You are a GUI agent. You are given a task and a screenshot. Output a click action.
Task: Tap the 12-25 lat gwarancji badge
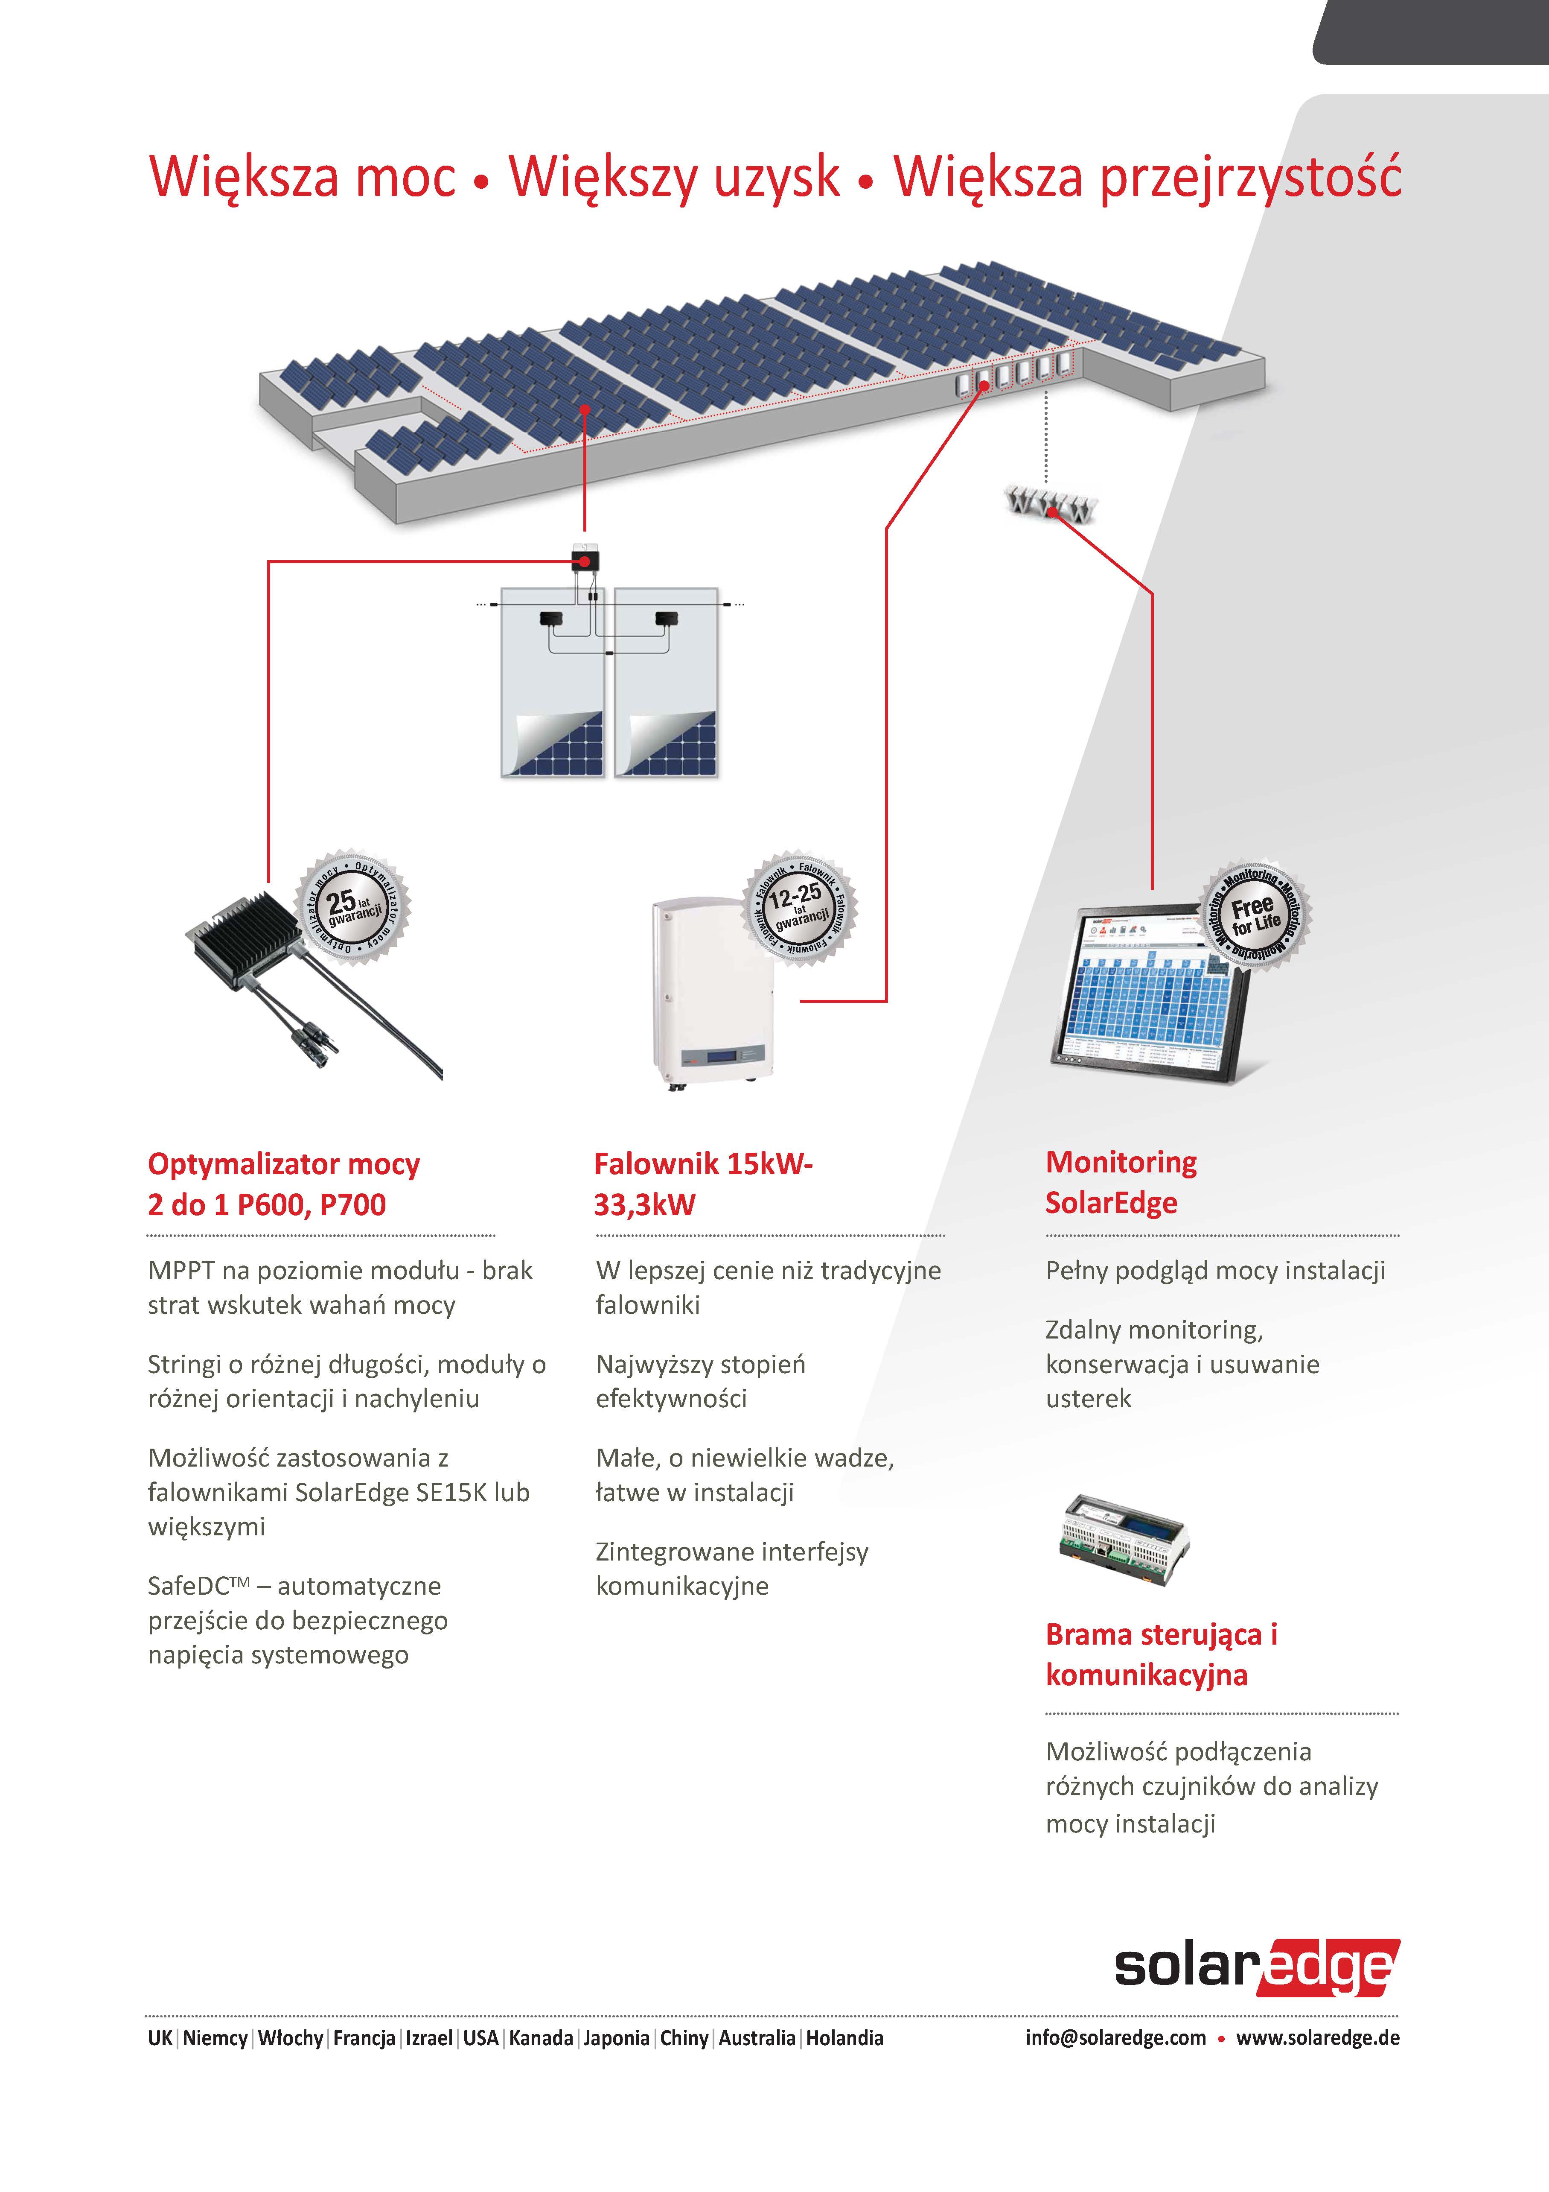[x=799, y=907]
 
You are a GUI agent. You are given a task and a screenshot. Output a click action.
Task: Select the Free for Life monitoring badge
[x=1254, y=915]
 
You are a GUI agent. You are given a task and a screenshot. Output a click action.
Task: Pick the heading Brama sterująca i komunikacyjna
[x=1161, y=1654]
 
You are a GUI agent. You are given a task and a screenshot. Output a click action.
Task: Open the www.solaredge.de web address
[x=1317, y=2037]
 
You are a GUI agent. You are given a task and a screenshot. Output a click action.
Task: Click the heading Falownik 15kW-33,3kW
[x=702, y=1184]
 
